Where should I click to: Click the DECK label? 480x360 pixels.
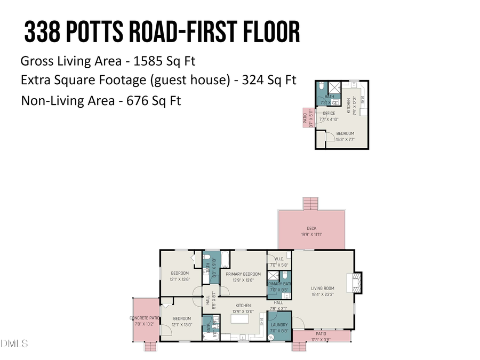click(x=315, y=228)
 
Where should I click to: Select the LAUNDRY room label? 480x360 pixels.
click(x=279, y=324)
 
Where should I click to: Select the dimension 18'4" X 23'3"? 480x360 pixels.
click(x=322, y=294)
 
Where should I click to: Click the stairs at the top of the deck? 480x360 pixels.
click(x=310, y=203)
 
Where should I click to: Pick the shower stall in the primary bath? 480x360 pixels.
click(x=273, y=276)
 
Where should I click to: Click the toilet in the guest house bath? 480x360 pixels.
click(x=322, y=86)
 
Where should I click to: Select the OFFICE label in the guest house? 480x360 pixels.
click(x=329, y=114)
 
